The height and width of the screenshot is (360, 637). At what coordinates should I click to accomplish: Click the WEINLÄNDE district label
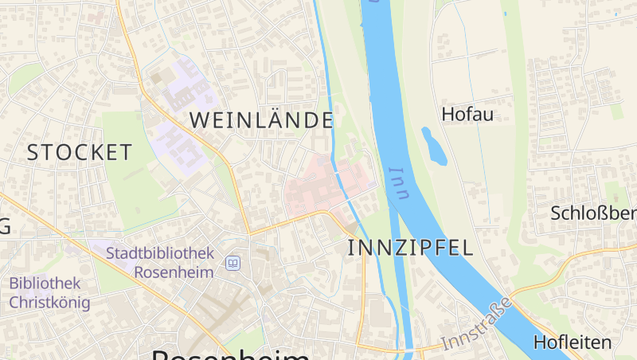tap(261, 120)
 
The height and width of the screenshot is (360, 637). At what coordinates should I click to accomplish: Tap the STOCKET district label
tap(79, 152)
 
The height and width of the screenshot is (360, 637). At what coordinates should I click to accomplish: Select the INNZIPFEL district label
tap(410, 247)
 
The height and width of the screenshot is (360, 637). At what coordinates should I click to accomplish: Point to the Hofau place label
tap(467, 114)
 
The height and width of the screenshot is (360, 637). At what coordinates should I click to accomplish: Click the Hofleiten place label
tap(573, 342)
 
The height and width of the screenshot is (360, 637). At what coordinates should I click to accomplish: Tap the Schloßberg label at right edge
tap(594, 213)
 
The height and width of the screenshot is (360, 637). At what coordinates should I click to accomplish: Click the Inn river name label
tap(398, 183)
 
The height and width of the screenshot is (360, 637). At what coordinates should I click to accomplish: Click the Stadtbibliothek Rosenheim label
tap(160, 262)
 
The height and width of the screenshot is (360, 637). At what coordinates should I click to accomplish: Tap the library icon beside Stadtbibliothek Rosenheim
tap(233, 263)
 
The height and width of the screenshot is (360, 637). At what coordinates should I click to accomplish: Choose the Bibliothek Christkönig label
tap(49, 292)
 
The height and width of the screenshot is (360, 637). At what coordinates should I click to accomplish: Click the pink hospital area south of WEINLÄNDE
tap(318, 187)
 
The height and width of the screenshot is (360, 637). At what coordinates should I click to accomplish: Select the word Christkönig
tap(49, 303)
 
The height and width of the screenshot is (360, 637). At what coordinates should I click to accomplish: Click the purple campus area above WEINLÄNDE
tap(183, 88)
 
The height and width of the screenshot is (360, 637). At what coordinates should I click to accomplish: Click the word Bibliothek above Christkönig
tap(45, 283)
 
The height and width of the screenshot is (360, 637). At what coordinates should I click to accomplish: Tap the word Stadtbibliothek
tap(160, 253)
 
